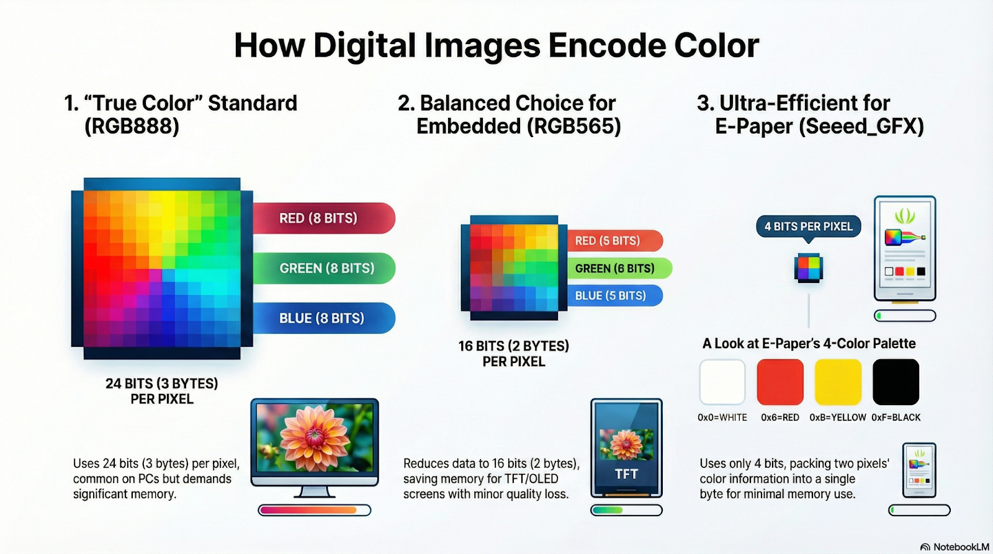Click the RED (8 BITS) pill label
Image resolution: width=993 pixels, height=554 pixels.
323,218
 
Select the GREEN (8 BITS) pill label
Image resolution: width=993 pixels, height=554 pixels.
323,268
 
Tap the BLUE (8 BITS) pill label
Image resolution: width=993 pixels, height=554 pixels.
323,318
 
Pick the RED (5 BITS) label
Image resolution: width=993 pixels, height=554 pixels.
615,241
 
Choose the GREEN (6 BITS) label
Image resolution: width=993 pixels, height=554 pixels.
619,268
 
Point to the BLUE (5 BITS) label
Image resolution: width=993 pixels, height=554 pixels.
615,296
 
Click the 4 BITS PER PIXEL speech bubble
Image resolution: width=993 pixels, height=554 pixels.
809,227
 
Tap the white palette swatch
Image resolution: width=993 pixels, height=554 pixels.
722,382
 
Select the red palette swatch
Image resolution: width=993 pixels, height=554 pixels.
780,382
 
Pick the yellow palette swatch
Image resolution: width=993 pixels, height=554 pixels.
838,382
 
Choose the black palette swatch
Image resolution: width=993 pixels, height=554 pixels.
896,382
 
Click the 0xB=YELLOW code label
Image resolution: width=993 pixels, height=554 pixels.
838,418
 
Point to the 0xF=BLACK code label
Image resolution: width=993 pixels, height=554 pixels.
896,418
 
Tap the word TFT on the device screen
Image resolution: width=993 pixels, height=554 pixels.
626,474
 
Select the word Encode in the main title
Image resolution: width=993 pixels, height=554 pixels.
607,45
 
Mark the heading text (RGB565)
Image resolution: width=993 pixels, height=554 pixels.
574,127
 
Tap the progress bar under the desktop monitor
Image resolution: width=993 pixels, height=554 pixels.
315,510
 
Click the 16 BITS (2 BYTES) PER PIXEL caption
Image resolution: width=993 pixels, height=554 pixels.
514,354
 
